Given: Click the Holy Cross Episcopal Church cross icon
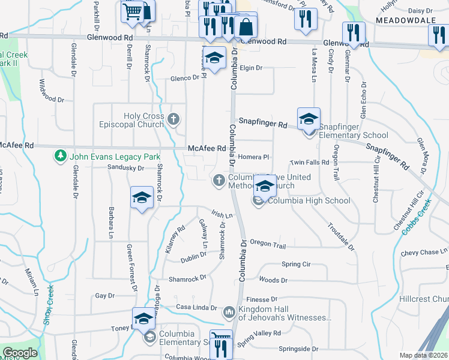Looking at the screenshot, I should click(x=174, y=119).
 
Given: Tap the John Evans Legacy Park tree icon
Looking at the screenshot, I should click(x=60, y=157).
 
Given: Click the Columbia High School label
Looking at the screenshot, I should click(x=309, y=200).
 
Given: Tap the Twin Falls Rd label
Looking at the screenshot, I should click(x=309, y=163).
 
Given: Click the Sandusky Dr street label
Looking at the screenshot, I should click(x=126, y=169).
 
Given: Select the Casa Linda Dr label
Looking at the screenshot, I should click(x=196, y=307).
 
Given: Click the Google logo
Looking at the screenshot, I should click(x=20, y=353).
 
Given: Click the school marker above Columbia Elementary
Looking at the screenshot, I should click(x=143, y=319).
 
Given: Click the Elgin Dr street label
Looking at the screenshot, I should click(x=251, y=68).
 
